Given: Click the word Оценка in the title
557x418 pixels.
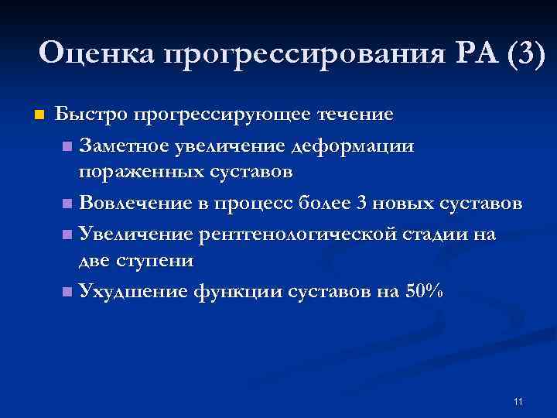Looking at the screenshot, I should [x=96, y=54].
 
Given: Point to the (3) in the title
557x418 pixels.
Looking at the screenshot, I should [x=525, y=54].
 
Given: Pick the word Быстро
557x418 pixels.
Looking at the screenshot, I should [x=92, y=115].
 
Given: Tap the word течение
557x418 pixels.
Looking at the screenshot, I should [x=356, y=115].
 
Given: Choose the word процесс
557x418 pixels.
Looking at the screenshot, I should [x=261, y=204].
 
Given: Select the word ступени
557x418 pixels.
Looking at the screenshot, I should [x=154, y=260].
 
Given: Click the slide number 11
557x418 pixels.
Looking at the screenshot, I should [x=518, y=401].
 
